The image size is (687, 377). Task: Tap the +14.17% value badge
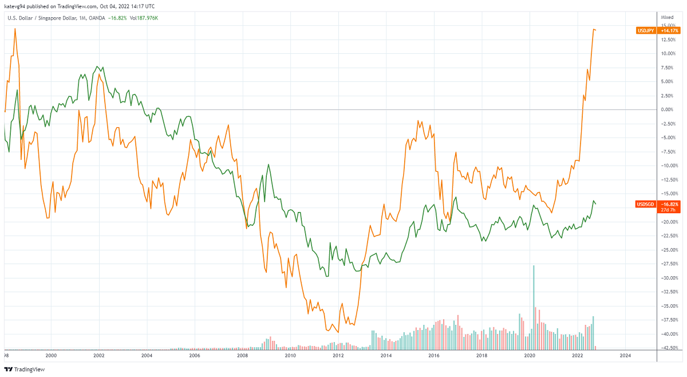(x=669, y=30)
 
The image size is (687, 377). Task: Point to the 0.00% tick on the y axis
(x=667, y=109)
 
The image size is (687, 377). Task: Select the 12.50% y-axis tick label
(x=668, y=40)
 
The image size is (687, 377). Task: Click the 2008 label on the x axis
(x=243, y=356)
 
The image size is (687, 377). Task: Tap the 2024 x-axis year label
(x=626, y=356)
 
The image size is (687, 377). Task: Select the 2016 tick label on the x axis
(x=434, y=356)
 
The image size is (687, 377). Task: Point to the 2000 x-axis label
(x=51, y=356)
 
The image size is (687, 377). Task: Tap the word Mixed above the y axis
(x=667, y=18)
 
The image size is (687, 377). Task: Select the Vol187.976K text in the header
(x=144, y=18)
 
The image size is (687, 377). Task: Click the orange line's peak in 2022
(x=594, y=29)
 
